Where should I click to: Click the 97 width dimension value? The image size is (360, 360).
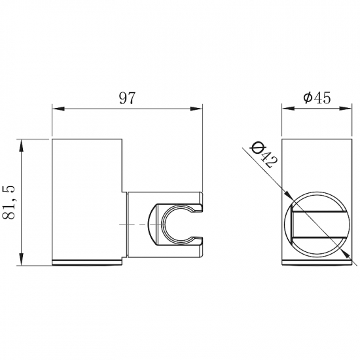pyautogui.click(x=127, y=98)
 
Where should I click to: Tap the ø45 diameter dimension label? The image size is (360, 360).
pyautogui.click(x=316, y=98)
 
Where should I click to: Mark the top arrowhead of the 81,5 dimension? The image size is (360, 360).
pyautogui.click(x=23, y=143)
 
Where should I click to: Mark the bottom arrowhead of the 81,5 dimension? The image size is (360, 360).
pyautogui.click(x=23, y=262)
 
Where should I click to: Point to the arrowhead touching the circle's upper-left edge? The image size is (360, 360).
pyautogui.click(x=289, y=194)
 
